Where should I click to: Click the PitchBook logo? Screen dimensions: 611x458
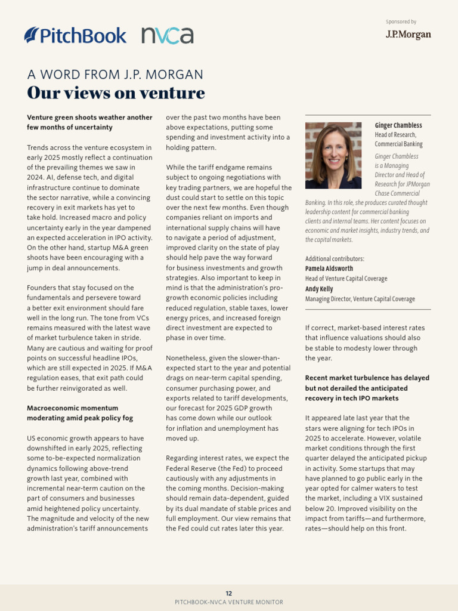point(75,35)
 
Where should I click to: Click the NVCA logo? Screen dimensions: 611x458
point(168,35)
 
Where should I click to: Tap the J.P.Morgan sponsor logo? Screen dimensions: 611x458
point(408,35)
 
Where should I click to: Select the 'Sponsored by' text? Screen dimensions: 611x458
point(401,22)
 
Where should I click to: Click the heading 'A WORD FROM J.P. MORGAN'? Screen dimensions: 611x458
point(115,75)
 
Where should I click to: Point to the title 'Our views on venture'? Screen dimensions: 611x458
point(116,93)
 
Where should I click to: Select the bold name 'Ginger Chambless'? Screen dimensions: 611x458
point(398,125)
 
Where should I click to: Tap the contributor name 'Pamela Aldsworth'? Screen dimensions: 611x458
point(329,269)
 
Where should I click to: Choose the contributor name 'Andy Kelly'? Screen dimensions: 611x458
point(319,289)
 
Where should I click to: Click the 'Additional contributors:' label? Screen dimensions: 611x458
point(335,258)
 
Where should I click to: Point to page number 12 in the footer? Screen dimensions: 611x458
point(229,593)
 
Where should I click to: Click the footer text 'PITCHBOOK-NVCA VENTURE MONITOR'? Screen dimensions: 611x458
point(229,603)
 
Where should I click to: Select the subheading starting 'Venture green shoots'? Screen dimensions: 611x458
point(89,122)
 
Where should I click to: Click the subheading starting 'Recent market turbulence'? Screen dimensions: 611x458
point(367,388)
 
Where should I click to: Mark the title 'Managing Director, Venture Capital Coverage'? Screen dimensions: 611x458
point(360,299)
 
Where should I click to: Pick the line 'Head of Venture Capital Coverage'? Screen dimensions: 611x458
point(346,279)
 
